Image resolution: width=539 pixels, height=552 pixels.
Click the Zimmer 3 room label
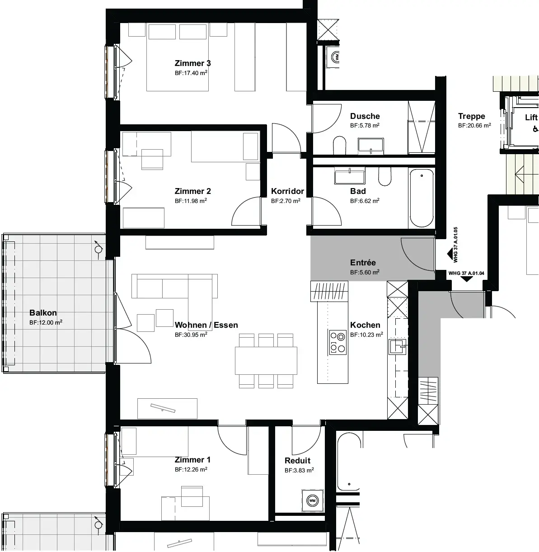point(192,63)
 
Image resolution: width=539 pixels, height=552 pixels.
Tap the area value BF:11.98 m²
point(191,201)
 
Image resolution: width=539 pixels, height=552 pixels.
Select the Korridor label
point(287,191)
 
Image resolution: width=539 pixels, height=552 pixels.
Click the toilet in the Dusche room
point(340,146)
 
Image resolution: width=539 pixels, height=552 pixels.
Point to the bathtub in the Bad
point(422,198)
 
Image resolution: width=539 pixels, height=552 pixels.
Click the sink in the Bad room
point(350,176)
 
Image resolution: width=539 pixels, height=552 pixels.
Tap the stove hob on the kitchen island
point(337,342)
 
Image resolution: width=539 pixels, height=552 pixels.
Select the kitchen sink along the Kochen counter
point(398,347)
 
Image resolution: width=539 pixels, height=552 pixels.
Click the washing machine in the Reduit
point(312,500)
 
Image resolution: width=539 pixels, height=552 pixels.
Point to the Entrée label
point(363,263)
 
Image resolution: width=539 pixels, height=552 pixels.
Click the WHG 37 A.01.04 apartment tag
point(466,274)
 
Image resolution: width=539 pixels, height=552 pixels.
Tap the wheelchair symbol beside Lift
point(535,129)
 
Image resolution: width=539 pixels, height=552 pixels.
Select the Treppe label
point(471,116)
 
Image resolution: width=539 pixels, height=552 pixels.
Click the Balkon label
point(43,313)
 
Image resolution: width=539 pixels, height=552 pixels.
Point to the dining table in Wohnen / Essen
point(266,360)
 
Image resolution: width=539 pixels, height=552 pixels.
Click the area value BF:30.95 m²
point(191,335)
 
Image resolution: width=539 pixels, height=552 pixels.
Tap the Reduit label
point(297,461)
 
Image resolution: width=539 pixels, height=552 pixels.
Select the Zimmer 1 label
point(192,460)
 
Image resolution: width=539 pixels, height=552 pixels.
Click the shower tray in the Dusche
point(422,127)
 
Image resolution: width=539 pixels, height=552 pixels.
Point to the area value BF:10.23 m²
point(366,335)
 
